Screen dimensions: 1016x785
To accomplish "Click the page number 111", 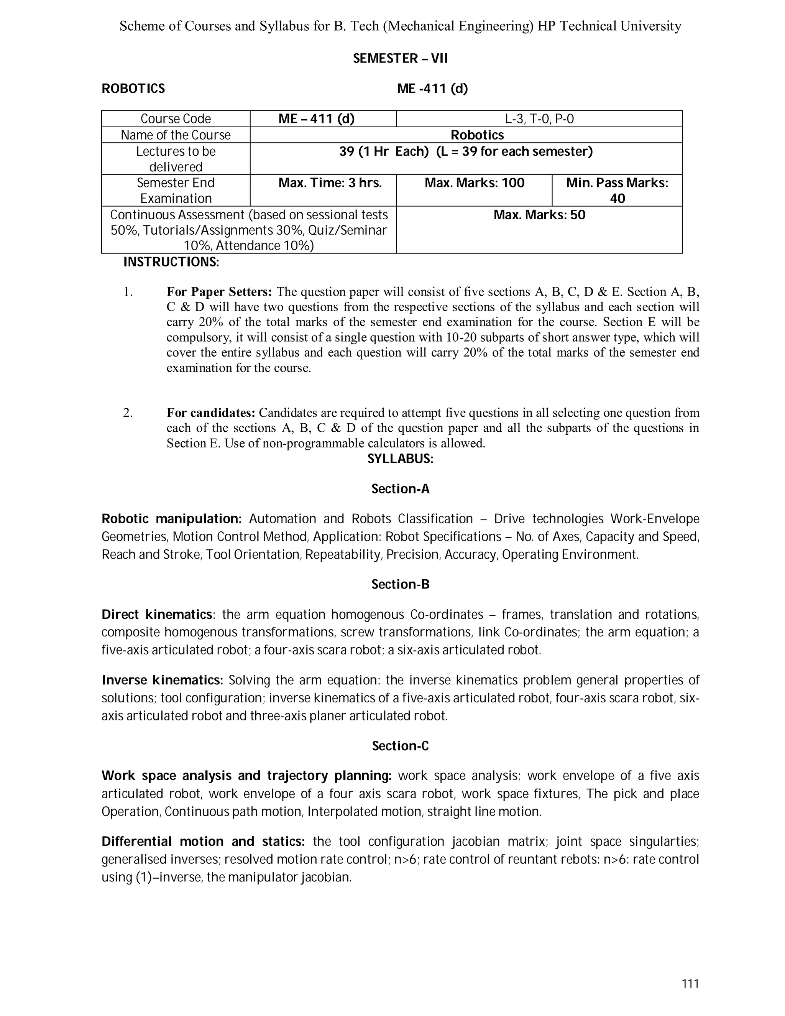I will click(690, 983).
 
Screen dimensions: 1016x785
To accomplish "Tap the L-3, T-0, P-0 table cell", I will click(539, 118).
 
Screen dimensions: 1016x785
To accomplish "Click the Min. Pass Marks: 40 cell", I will click(617, 190).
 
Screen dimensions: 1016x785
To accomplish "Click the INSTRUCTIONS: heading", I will click(171, 262).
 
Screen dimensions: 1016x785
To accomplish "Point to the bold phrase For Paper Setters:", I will click(219, 292).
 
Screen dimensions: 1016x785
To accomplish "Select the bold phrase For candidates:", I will click(211, 413).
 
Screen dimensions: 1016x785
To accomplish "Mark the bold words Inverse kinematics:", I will click(162, 680).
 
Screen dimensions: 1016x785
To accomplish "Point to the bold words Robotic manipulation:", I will click(171, 519).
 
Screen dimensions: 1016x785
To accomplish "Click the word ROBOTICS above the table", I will click(133, 89).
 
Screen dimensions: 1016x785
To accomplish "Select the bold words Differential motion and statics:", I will click(203, 842).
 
